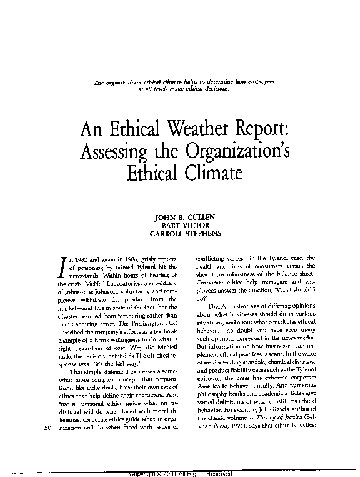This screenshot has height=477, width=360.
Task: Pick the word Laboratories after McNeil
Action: tap(117, 284)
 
